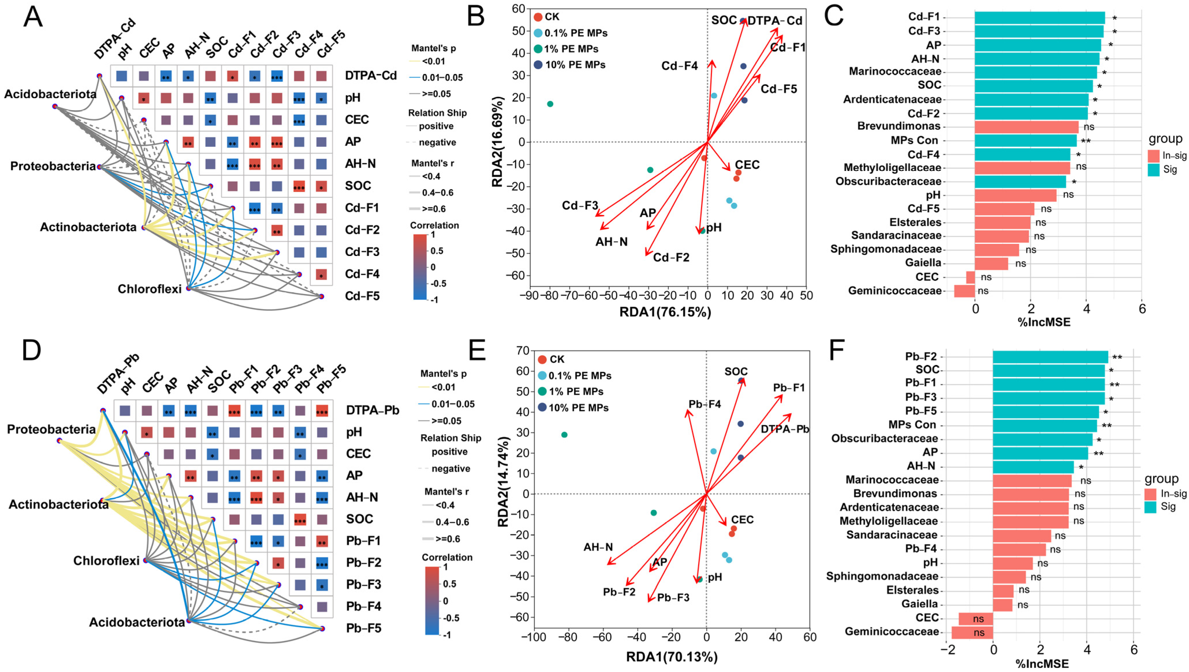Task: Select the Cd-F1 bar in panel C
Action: (1039, 18)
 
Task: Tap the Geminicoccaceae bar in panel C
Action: (964, 291)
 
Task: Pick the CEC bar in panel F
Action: (976, 618)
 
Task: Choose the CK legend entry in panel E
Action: (557, 359)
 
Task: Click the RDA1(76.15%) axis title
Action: (665, 313)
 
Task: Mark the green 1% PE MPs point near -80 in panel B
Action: (550, 104)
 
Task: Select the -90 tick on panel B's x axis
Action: (529, 295)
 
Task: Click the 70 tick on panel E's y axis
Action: (523, 351)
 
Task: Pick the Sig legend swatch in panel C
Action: (1154, 170)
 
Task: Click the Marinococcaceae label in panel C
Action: (895, 71)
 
